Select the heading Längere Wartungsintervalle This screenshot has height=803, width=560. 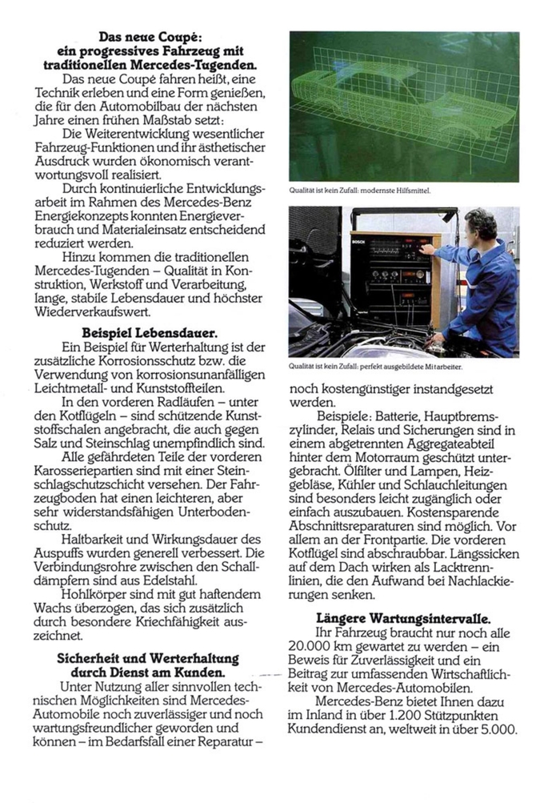(x=403, y=618)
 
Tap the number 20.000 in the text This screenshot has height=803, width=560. (x=318, y=647)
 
